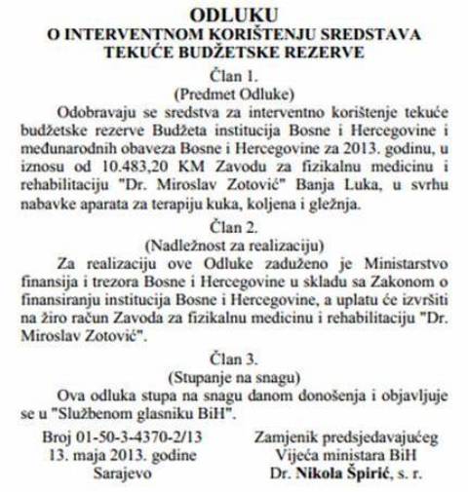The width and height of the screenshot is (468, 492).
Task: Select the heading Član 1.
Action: pos(234,75)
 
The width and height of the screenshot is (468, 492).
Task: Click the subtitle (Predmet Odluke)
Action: pos(234,93)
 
